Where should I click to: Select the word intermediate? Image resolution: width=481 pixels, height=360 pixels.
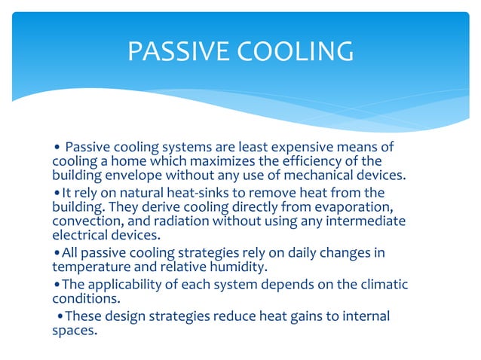366,223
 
